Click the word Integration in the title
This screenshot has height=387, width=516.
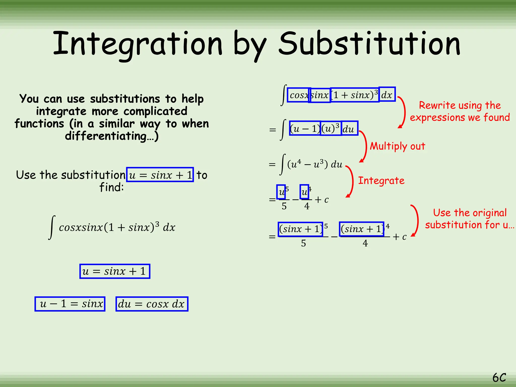(x=138, y=44)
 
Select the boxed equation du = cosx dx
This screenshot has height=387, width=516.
(x=152, y=304)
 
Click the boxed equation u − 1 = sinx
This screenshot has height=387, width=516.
(x=70, y=304)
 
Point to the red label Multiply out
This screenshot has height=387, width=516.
(x=397, y=146)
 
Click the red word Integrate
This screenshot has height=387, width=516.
(x=381, y=181)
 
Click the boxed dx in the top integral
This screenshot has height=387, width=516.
(x=387, y=95)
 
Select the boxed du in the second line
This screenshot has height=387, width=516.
(x=349, y=128)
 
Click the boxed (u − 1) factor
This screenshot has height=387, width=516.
(x=305, y=128)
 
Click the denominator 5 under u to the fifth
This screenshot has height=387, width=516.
(x=284, y=206)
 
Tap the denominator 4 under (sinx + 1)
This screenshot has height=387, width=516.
(x=365, y=243)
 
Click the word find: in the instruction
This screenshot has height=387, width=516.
(x=112, y=187)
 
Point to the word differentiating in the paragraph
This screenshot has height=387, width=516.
(x=106, y=136)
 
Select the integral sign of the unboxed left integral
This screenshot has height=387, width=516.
(x=52, y=227)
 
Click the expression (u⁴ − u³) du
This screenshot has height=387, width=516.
(x=315, y=165)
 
